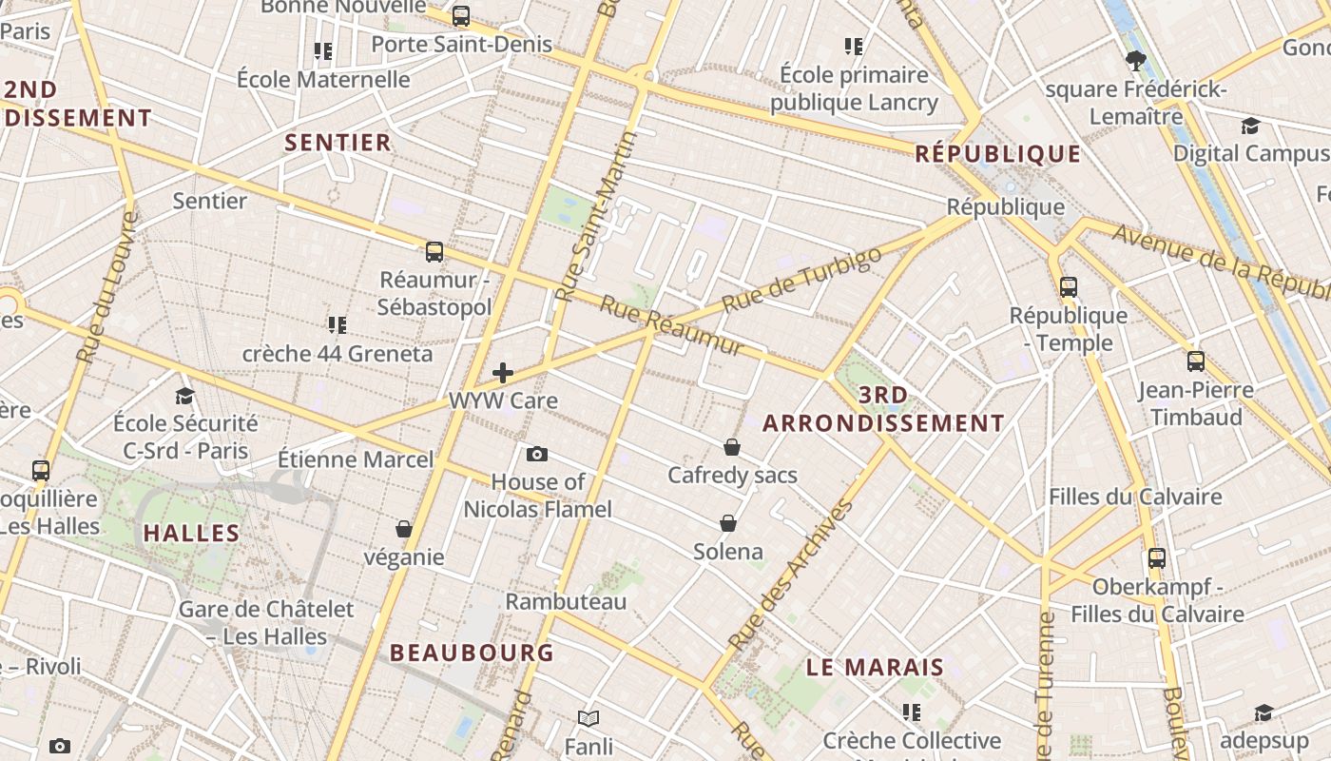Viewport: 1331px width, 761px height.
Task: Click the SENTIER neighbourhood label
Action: click(338, 143)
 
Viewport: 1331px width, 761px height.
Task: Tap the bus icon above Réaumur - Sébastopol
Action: click(434, 252)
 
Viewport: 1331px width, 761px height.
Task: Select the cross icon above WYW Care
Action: click(503, 373)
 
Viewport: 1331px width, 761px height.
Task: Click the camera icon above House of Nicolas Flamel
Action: click(537, 454)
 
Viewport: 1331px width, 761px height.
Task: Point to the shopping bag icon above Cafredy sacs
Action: click(732, 447)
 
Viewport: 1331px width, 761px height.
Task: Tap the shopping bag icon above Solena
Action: click(728, 523)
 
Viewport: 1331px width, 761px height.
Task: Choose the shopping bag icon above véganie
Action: click(404, 529)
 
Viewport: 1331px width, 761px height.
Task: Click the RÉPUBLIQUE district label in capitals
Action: click(998, 154)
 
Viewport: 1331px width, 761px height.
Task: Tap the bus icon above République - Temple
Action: click(1069, 286)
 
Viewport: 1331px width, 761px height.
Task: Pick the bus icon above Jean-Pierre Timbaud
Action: click(1196, 361)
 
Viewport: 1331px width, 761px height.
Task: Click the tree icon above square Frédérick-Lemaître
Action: click(1135, 62)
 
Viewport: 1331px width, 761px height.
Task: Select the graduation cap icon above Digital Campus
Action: click(1250, 126)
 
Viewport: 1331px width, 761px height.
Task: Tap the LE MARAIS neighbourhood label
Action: click(875, 668)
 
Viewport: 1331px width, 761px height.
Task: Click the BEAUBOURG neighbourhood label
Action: click(472, 653)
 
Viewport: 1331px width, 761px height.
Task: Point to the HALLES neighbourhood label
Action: click(192, 533)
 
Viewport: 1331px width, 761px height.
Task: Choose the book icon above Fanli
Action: click(588, 718)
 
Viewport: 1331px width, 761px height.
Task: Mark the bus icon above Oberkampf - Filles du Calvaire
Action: click(1157, 558)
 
